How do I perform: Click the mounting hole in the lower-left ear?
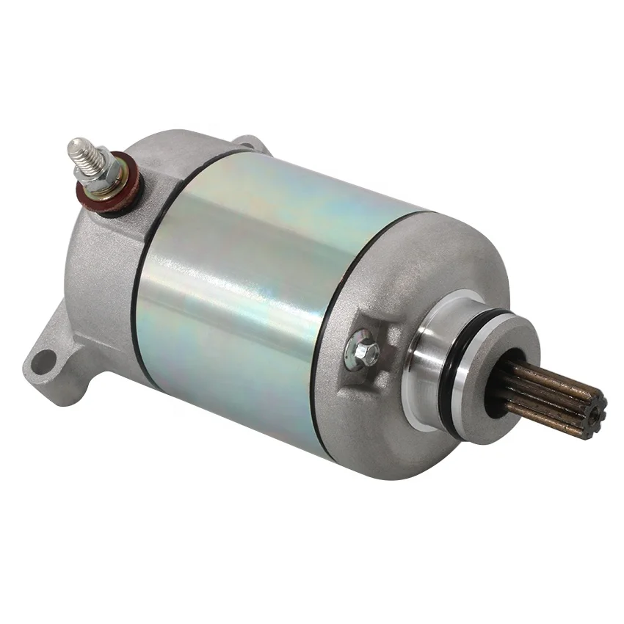(44, 360)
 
